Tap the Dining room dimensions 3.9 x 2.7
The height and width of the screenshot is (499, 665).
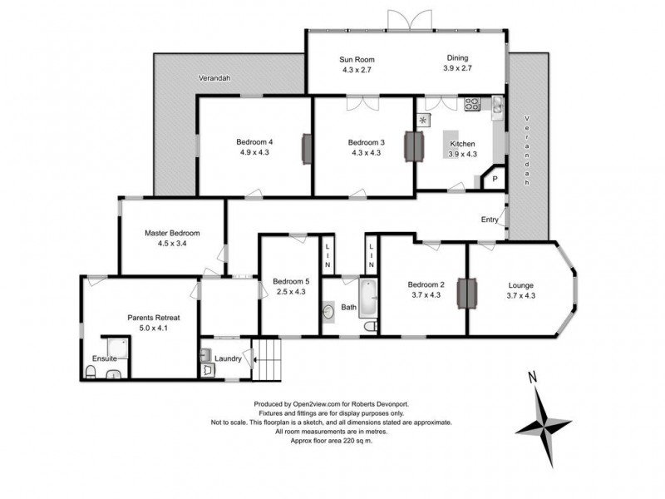click(457, 68)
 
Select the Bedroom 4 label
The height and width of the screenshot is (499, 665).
click(256, 141)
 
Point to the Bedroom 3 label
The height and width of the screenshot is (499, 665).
click(364, 141)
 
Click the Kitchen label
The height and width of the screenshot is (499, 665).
click(463, 143)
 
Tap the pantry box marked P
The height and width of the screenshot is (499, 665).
click(495, 179)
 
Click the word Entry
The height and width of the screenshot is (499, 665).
click(490, 220)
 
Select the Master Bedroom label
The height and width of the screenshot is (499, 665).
click(172, 233)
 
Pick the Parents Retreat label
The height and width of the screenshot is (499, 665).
click(154, 318)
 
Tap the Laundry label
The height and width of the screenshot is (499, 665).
click(228, 359)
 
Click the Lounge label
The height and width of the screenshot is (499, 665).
click(521, 284)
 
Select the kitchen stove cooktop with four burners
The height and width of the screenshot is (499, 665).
click(473, 104)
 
